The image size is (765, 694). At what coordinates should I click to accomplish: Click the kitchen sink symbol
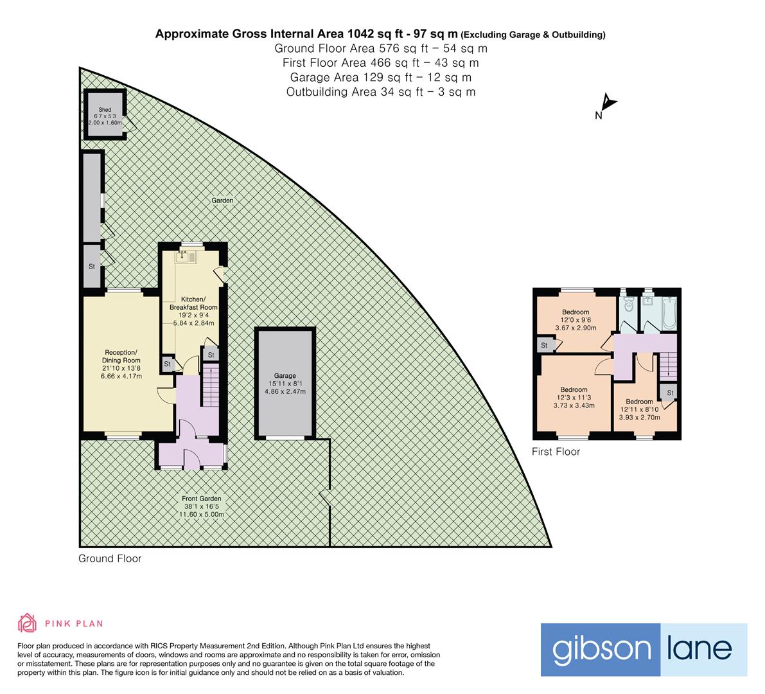click(x=185, y=258)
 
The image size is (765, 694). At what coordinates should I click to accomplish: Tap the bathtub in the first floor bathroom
click(x=668, y=312)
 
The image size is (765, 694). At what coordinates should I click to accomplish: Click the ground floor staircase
click(x=211, y=384)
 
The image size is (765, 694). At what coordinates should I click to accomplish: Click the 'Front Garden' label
click(x=205, y=498)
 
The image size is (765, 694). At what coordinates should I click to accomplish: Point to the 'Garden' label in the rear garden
click(x=223, y=200)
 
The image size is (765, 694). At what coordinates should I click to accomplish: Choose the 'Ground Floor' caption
click(x=110, y=558)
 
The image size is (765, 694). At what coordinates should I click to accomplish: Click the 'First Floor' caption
click(x=556, y=452)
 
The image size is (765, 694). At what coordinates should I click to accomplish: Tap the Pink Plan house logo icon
click(x=27, y=623)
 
